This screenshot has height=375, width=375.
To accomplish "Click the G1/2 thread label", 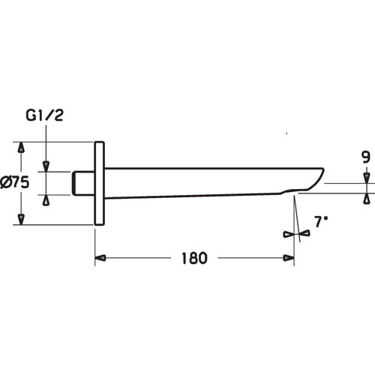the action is (x=44, y=115).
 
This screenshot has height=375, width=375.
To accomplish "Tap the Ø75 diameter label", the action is (x=14, y=182).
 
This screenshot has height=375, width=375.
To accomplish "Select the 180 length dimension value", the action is (x=194, y=258).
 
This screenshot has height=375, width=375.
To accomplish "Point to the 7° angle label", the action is (x=321, y=221).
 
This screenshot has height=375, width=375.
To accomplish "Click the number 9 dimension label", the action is (x=366, y=157).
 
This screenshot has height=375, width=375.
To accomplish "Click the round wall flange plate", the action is (x=99, y=183).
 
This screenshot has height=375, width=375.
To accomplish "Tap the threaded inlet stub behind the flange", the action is (x=83, y=183).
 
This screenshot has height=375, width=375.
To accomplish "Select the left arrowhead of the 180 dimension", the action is (x=100, y=258).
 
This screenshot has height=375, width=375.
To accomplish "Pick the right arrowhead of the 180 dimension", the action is (x=289, y=258).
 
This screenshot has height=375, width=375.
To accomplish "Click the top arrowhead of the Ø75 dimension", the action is (x=22, y=147).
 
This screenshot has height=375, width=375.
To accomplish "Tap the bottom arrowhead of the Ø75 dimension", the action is (x=22, y=219).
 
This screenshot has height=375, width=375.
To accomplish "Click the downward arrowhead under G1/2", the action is (x=46, y=166).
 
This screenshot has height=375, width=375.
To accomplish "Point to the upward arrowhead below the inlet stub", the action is (x=46, y=200).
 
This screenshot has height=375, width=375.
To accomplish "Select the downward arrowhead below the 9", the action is (x=367, y=178).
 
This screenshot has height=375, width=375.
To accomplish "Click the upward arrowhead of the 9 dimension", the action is (x=367, y=198).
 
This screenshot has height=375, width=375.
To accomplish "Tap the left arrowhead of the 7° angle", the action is (x=289, y=234).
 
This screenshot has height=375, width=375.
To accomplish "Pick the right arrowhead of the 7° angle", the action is (x=305, y=234).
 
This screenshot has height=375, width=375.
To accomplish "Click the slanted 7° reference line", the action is (x=297, y=219).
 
